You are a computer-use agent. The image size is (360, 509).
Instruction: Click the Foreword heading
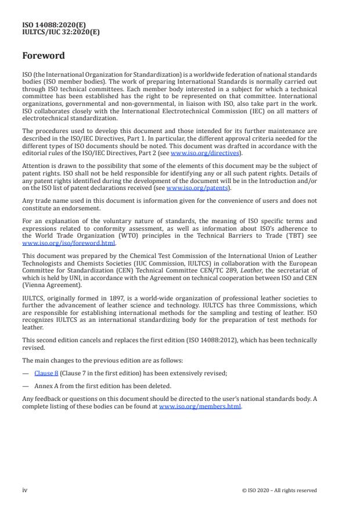(x=44, y=56)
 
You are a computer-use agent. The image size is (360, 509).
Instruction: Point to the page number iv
(x=24, y=490)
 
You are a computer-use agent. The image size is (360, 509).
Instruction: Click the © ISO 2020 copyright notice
(x=279, y=490)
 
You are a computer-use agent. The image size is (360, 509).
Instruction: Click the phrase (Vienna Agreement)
(x=48, y=285)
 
